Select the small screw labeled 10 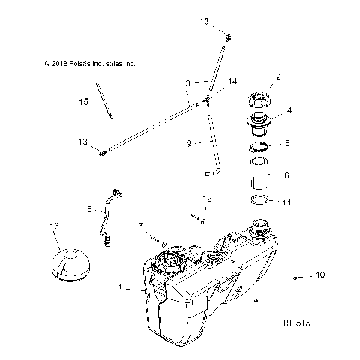pyautogui.click(x=298, y=277)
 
